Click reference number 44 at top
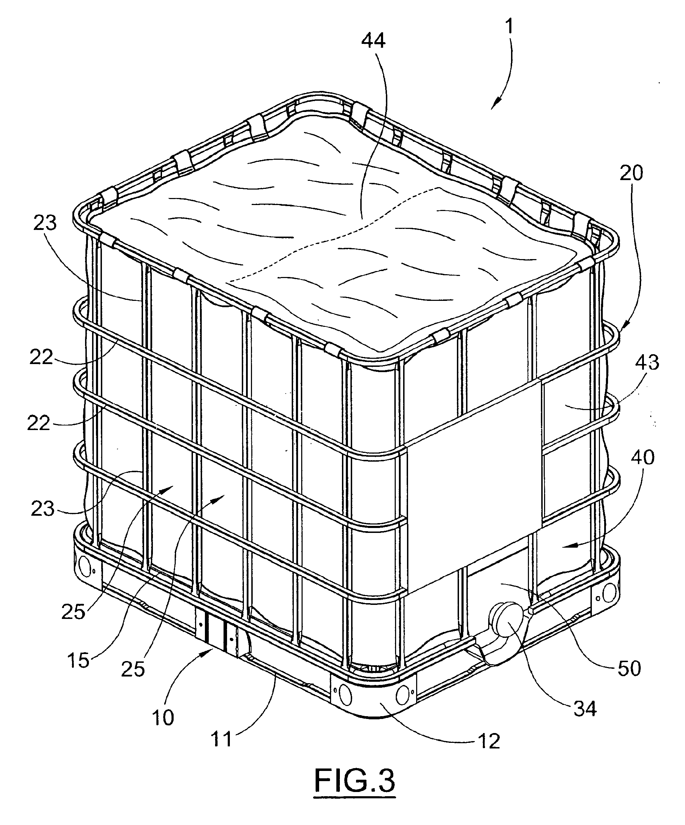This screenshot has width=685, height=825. pos(374,41)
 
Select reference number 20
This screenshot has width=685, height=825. pos(631,173)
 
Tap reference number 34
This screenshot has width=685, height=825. pos(585,708)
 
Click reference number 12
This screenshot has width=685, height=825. pos(489,741)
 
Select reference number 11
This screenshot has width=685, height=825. pos(222,739)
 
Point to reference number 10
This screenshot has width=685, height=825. pos(163,718)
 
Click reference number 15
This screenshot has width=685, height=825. pos(78,660)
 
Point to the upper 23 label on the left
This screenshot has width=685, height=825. pos(45,223)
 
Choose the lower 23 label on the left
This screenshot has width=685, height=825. pos(43,509)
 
